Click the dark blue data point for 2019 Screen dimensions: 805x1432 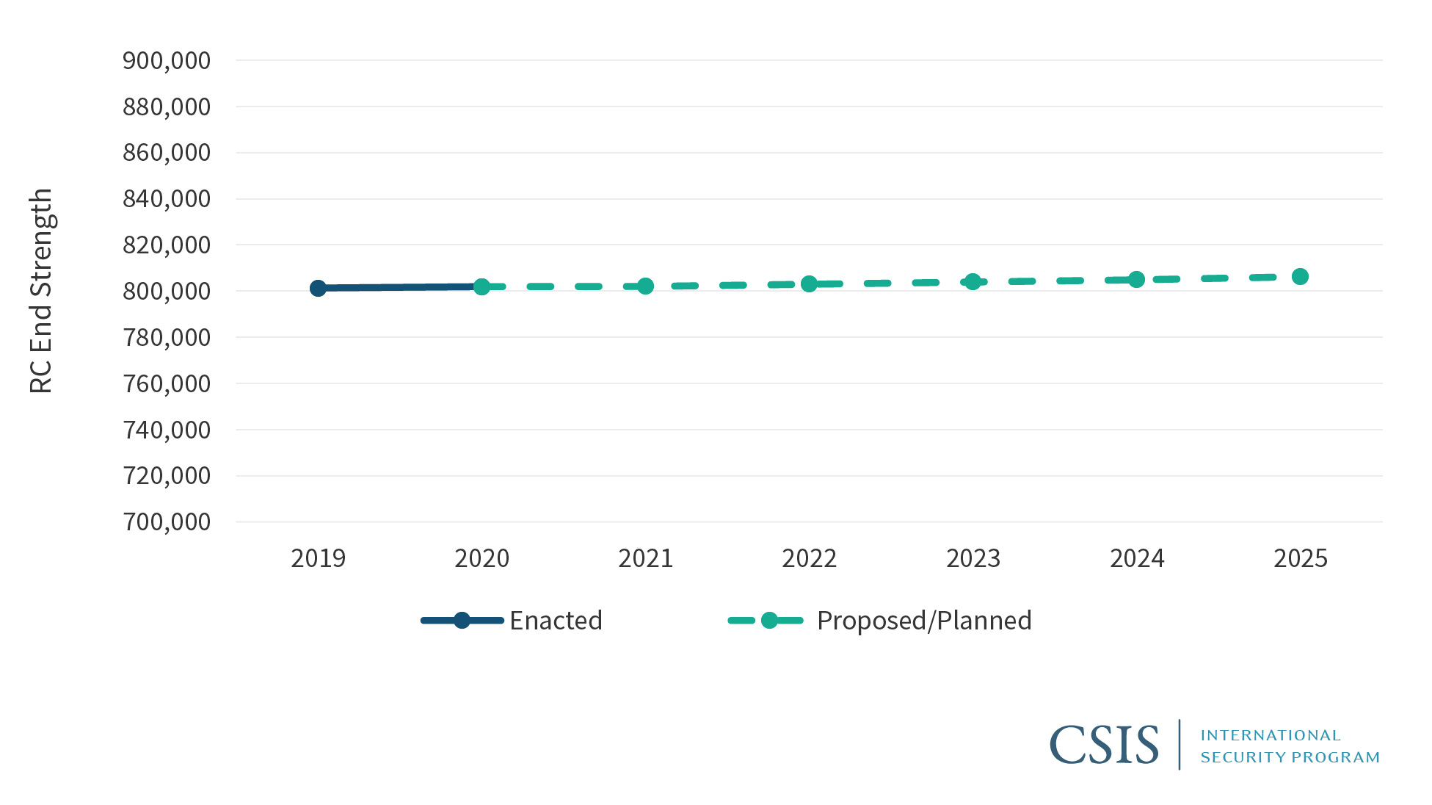[x=318, y=288]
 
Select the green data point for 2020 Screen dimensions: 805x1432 [x=481, y=286]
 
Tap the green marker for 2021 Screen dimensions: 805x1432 [x=645, y=286]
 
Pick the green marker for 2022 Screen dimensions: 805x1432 [x=809, y=284]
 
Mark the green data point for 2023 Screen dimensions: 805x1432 [x=973, y=281]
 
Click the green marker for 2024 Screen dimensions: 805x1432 [x=1136, y=279]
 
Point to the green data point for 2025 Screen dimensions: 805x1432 [x=1300, y=276]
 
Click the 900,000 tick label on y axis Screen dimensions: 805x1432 [x=167, y=60]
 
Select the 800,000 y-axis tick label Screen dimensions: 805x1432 [x=167, y=291]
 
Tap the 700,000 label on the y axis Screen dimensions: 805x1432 [x=167, y=521]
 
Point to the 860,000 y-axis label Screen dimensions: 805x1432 [x=167, y=153]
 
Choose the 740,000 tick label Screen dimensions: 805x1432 [x=167, y=430]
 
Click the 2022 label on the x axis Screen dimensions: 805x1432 [x=809, y=558]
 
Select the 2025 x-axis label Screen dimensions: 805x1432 [x=1300, y=558]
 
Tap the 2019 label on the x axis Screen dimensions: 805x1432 [x=318, y=558]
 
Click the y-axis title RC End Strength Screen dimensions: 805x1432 [x=41, y=291]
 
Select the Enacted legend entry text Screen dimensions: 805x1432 [x=556, y=621]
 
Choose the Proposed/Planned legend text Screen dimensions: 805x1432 [x=924, y=621]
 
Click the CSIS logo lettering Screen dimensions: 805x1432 [x=1104, y=745]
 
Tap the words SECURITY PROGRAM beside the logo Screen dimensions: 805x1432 [x=1290, y=757]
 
